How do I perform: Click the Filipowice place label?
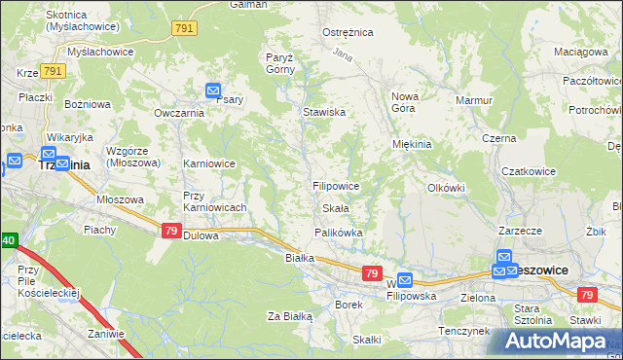point(336,185)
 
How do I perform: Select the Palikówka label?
point(338,233)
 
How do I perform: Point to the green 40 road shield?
point(8,239)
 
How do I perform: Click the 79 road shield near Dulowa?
point(170,230)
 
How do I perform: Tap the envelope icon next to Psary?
point(214,91)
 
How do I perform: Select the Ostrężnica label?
point(348,32)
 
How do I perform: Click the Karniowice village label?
point(209,163)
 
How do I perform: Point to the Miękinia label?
point(411,144)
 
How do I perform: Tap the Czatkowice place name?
point(528,171)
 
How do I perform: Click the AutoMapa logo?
point(555,342)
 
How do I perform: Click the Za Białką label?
point(289,316)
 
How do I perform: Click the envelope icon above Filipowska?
point(406,279)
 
